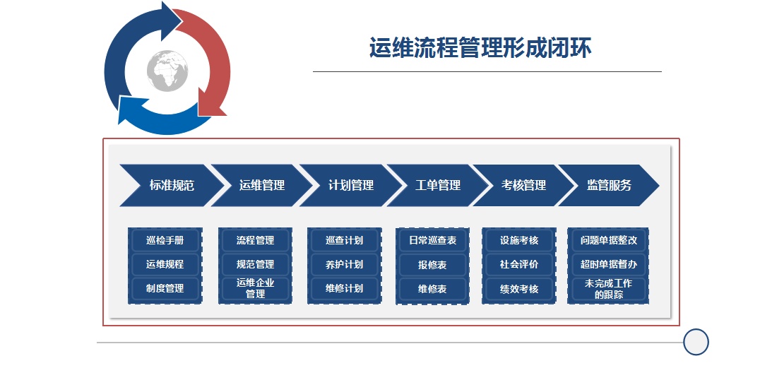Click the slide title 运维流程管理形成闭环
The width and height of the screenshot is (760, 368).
(480, 48)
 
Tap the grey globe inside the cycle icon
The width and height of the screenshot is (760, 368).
(167, 71)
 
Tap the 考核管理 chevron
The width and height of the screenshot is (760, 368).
(523, 185)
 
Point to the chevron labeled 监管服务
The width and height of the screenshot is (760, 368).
(610, 185)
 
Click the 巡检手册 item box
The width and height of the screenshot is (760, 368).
(165, 240)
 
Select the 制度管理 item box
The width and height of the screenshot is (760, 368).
(165, 288)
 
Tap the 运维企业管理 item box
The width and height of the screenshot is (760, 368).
(256, 288)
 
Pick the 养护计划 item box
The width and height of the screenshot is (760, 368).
(344, 265)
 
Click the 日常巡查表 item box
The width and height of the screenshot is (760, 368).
(432, 240)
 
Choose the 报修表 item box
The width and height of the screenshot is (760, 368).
(432, 265)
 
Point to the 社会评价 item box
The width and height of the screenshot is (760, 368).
(519, 265)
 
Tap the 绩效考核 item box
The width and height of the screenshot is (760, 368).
(519, 289)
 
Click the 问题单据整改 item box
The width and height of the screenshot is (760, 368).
(608, 240)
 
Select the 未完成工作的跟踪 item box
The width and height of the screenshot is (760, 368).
(608, 289)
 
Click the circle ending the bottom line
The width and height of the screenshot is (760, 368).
(696, 342)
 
